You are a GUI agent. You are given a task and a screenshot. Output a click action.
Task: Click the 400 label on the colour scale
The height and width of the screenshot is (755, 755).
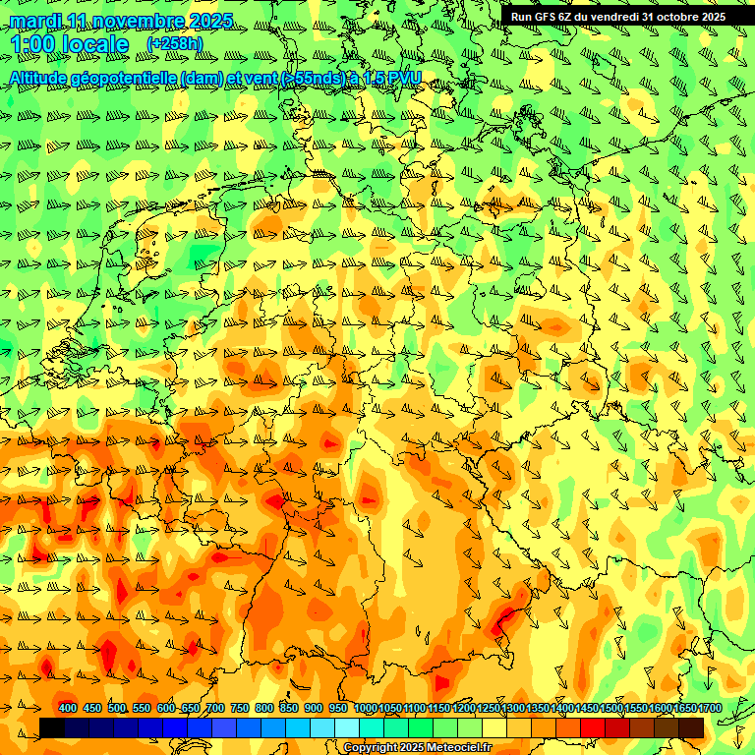pos(68,708)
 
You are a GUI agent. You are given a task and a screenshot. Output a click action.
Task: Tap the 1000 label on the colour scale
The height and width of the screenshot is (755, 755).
pos(366,708)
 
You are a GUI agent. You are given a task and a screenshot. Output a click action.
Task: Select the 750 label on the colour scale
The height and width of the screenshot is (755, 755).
pos(240,708)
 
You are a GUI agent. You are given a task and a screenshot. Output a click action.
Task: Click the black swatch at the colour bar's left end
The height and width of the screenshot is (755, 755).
pos(52,727)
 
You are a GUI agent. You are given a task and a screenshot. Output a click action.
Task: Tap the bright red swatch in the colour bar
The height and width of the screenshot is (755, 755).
pos(593,727)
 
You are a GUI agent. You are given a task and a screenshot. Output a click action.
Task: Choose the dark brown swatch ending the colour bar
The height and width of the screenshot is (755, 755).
pos(691,727)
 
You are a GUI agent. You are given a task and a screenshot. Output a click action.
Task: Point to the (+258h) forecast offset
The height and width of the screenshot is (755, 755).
pos(175,44)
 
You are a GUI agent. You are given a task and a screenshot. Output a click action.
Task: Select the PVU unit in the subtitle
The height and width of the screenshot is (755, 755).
pos(404,77)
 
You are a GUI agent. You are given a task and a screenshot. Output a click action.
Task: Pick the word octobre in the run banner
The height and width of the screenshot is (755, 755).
pos(670,16)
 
